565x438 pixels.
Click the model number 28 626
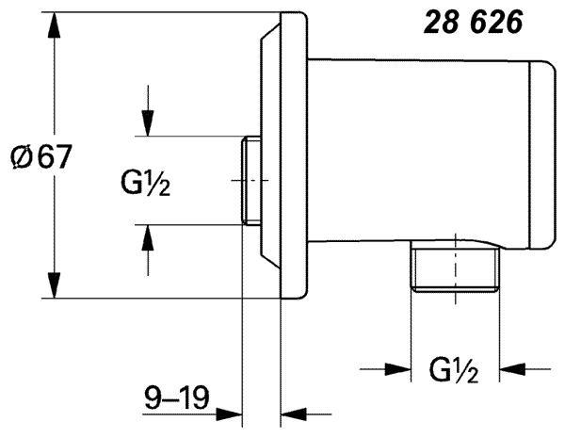(473, 23)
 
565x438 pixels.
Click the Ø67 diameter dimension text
(41, 156)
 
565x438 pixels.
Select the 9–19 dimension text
(177, 397)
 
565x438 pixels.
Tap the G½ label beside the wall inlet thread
(145, 183)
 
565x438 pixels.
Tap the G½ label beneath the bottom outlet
(454, 370)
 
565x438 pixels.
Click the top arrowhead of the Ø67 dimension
(54, 24)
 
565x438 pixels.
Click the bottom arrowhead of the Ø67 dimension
(54, 285)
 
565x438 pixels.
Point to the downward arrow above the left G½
(148, 110)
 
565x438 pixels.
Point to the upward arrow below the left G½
(148, 251)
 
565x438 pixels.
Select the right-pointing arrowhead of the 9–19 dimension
(229, 414)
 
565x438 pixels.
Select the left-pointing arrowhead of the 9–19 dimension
(294, 414)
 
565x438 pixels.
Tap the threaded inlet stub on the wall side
(250, 181)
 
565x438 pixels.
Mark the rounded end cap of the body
(542, 155)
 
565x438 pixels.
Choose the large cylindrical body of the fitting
(419, 151)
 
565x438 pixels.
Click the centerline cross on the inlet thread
(250, 180)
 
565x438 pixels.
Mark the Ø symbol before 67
(22, 156)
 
